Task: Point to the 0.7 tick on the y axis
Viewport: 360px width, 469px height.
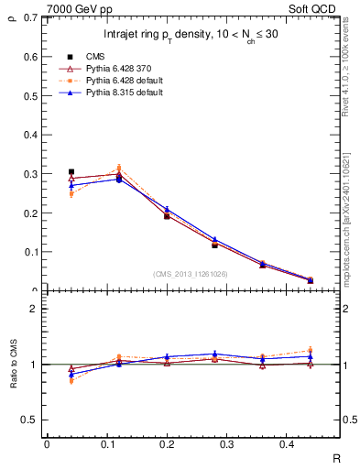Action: point(29,18)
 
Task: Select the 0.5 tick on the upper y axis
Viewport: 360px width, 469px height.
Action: point(29,96)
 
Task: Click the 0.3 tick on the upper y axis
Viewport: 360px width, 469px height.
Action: point(29,174)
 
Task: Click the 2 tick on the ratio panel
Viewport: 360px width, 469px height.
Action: point(34,309)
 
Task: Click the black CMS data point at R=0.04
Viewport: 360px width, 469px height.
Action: point(71,171)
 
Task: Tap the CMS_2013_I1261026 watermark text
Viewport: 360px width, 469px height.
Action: point(191,272)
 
